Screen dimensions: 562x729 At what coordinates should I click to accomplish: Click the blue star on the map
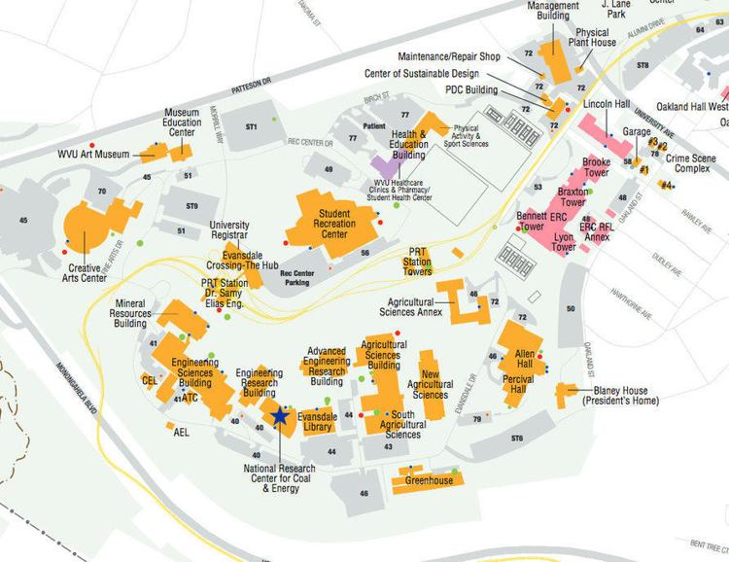tap(280, 415)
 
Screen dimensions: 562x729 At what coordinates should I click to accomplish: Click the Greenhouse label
tap(429, 480)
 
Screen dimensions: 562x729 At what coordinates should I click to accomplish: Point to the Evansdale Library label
tap(317, 420)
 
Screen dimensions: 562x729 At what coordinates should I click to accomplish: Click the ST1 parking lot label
tap(251, 127)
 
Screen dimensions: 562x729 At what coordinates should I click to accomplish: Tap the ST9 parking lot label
tap(191, 205)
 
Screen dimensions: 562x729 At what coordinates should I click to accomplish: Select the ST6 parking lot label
tap(516, 439)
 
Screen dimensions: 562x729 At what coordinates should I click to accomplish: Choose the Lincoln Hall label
tap(607, 104)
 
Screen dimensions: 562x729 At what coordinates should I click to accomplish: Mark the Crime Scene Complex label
tap(693, 163)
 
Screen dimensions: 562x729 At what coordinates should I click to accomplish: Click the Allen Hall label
tap(525, 358)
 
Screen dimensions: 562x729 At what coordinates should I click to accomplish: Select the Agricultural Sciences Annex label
tap(415, 306)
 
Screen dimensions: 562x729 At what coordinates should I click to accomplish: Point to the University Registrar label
tap(229, 229)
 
